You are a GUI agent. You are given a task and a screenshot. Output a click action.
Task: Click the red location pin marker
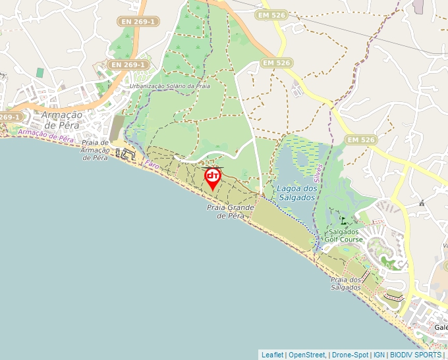(x=213, y=177)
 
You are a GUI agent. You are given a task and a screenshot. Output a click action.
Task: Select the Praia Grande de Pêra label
(x=231, y=211)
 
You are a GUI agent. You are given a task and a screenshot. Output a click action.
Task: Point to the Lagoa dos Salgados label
(x=297, y=192)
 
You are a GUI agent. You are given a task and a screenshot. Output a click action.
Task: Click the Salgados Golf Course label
(x=345, y=236)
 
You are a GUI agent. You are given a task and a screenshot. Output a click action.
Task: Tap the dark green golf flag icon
(x=344, y=220)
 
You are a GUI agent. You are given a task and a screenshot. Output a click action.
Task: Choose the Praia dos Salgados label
(x=346, y=284)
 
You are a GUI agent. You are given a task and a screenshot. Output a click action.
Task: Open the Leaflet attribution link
(x=272, y=355)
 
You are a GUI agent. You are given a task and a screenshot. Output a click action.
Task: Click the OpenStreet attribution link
(x=306, y=355)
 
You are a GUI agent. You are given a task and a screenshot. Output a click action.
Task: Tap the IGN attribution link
(x=379, y=355)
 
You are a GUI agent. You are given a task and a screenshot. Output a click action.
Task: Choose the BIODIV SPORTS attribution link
(x=414, y=355)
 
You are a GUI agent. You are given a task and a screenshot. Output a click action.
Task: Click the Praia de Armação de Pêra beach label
(x=94, y=150)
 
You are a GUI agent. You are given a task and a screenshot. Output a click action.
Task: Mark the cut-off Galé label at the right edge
(x=440, y=327)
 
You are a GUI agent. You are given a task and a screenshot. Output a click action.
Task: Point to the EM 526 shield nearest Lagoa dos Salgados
(x=360, y=140)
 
